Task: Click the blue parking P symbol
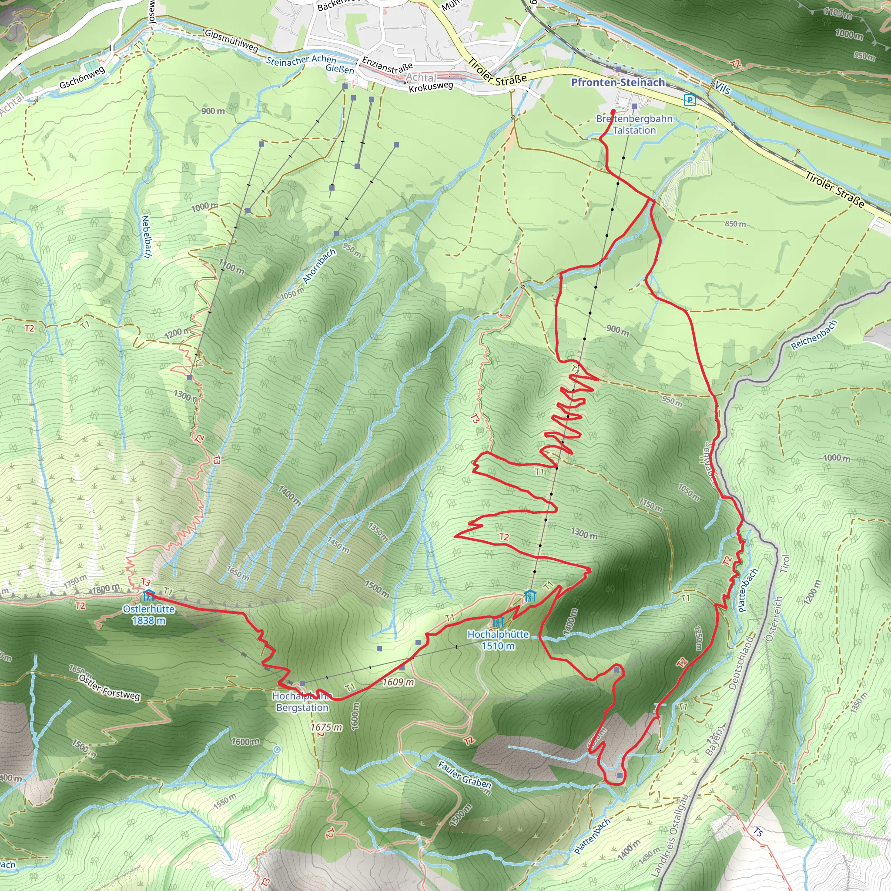(x=690, y=100)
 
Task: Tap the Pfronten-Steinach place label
(x=617, y=83)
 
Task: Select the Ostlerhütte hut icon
(x=148, y=595)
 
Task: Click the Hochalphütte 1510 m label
(x=498, y=640)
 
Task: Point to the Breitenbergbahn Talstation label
(x=634, y=124)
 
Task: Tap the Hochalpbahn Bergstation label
(x=302, y=702)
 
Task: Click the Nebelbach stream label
(x=146, y=237)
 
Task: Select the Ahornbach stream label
(x=319, y=267)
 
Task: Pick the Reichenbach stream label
(x=814, y=336)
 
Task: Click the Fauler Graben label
(x=464, y=775)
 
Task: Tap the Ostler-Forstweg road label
(x=109, y=687)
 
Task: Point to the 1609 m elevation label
(x=398, y=682)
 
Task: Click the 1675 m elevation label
(x=326, y=728)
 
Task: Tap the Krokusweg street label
(x=431, y=87)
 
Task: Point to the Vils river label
(x=723, y=87)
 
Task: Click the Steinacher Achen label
(x=301, y=60)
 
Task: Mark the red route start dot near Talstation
(x=613, y=112)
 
